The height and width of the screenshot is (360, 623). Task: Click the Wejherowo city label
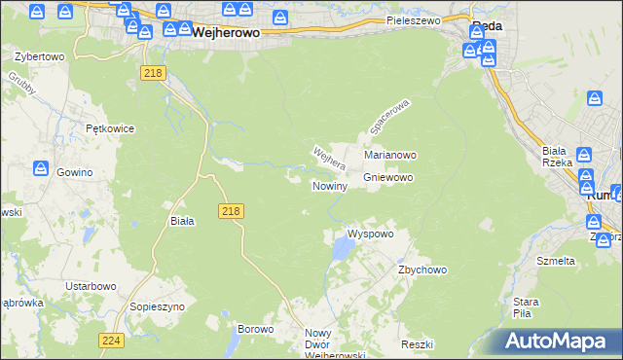pos(227,31)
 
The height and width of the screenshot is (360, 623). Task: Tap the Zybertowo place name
pos(38,56)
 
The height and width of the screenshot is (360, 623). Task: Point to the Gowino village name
pos(74,172)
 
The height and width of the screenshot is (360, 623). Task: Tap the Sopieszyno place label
pos(157,306)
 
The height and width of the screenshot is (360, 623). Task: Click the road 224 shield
pos(110,341)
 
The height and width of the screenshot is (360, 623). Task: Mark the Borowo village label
pos(256,329)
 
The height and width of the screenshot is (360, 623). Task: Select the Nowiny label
pos(330,186)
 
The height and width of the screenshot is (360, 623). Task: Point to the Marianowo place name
pos(390,155)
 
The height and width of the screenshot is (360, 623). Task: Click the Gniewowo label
pos(388,178)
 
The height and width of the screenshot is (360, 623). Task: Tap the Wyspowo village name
pos(370,234)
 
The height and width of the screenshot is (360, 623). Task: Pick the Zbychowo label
pos(421,270)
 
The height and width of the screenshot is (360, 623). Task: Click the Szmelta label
pos(556,261)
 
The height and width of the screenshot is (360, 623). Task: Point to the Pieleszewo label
pos(413,19)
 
